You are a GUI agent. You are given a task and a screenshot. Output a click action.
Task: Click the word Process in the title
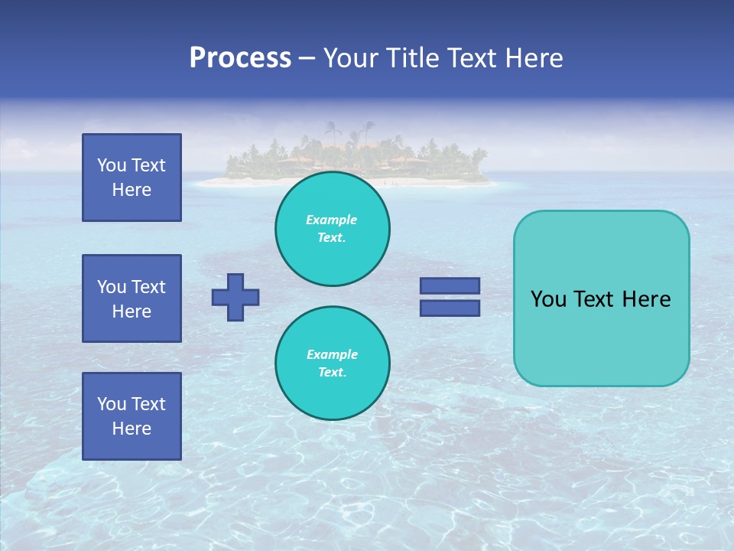pos(240,58)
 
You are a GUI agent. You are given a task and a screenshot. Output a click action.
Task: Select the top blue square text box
pos(132,178)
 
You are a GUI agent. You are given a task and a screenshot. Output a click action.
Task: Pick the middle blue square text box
pos(132,298)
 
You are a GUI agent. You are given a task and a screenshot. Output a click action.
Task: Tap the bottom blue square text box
pos(132,416)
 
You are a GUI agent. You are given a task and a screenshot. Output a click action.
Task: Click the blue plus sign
pos(235,297)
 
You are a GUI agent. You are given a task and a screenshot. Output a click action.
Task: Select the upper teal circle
pos(332,229)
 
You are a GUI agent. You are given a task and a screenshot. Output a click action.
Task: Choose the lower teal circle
pos(332,363)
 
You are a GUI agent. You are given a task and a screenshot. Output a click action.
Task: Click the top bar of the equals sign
pos(450,286)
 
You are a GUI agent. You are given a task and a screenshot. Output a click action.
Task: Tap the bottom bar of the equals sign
pos(450,308)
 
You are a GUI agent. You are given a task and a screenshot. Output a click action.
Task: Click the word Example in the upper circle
pos(332,220)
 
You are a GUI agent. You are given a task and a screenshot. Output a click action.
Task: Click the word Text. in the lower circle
pos(332,372)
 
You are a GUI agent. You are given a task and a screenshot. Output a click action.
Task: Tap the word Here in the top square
pos(132,190)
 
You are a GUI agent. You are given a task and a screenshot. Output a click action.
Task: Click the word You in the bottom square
pos(112,404)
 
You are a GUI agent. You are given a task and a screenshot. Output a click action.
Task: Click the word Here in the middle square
pos(132,311)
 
